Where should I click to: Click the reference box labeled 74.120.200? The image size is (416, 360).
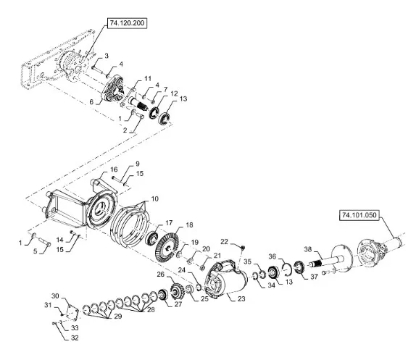[127, 23]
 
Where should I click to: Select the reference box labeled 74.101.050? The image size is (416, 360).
[359, 215]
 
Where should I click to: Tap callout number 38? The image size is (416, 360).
[308, 249]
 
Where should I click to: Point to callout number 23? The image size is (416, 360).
[241, 298]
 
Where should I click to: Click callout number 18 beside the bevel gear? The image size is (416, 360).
[189, 225]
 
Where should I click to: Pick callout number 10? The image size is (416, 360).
[154, 198]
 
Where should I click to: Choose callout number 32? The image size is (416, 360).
[75, 338]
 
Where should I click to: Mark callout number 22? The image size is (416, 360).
[224, 242]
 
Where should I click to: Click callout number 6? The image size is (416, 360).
[91, 102]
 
